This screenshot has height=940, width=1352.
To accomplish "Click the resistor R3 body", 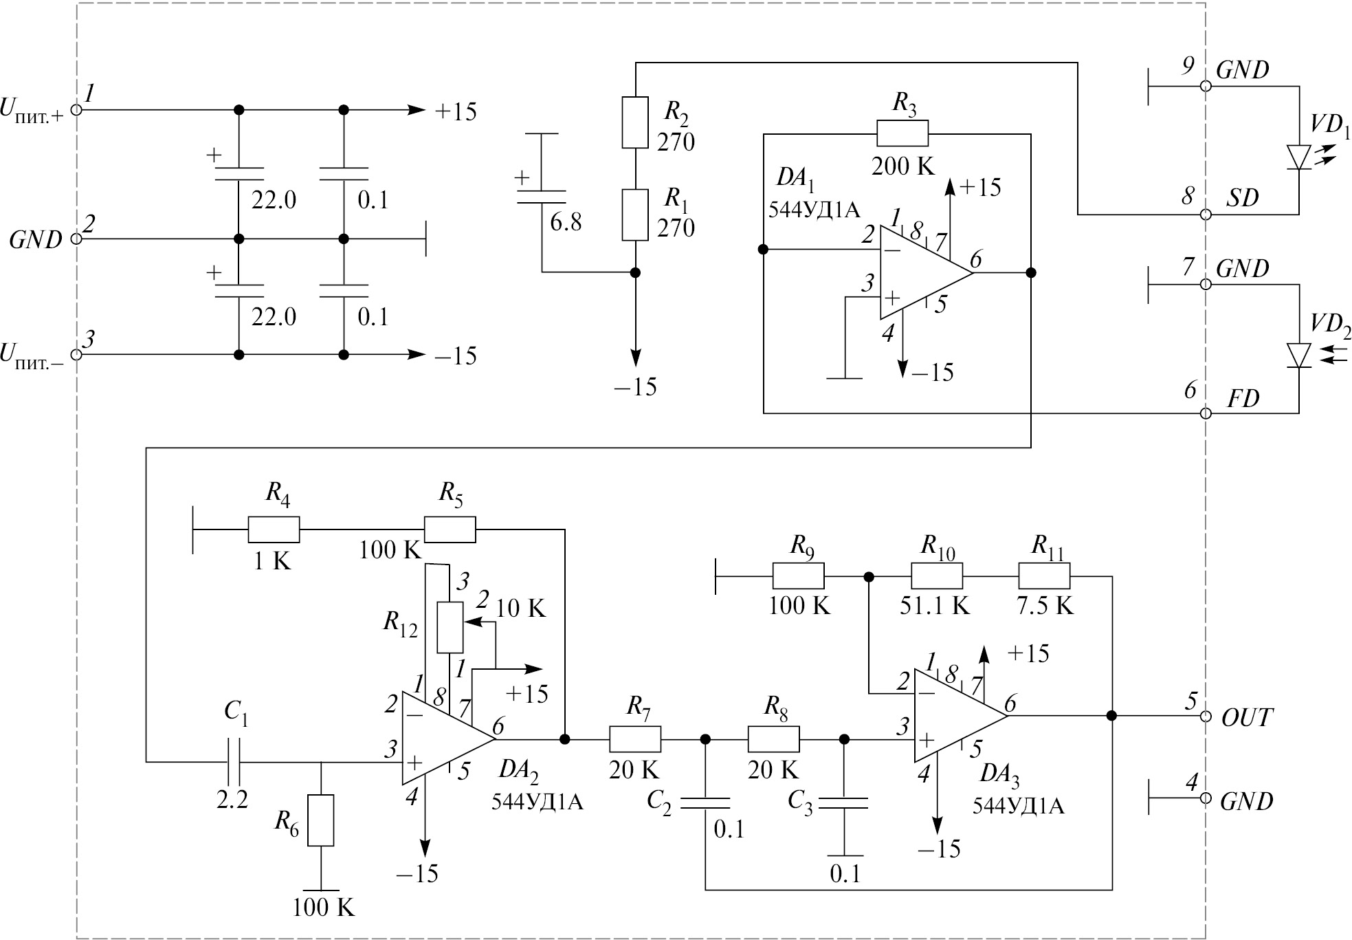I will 902,133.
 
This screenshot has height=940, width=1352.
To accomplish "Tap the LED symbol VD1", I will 1299,156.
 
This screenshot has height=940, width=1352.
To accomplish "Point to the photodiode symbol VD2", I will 1299,355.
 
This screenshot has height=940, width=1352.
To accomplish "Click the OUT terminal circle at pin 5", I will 1205,716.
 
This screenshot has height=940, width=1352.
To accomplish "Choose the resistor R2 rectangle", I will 635,122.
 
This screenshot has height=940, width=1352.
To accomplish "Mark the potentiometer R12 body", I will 450,627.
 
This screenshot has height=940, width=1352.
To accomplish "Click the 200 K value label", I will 902,166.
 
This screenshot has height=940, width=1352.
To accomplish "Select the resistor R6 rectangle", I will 321,820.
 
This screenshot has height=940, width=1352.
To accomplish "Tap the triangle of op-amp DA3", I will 955,716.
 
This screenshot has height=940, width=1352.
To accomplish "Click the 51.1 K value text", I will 935,605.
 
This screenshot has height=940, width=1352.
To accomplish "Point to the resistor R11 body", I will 1044,576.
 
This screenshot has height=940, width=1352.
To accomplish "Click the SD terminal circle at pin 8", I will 1205,215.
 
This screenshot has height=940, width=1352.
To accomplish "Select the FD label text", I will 1243,399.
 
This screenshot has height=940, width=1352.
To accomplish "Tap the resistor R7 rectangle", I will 635,739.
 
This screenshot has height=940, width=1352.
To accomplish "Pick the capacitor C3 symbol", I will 845,802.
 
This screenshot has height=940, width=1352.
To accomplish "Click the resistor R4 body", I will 274,530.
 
